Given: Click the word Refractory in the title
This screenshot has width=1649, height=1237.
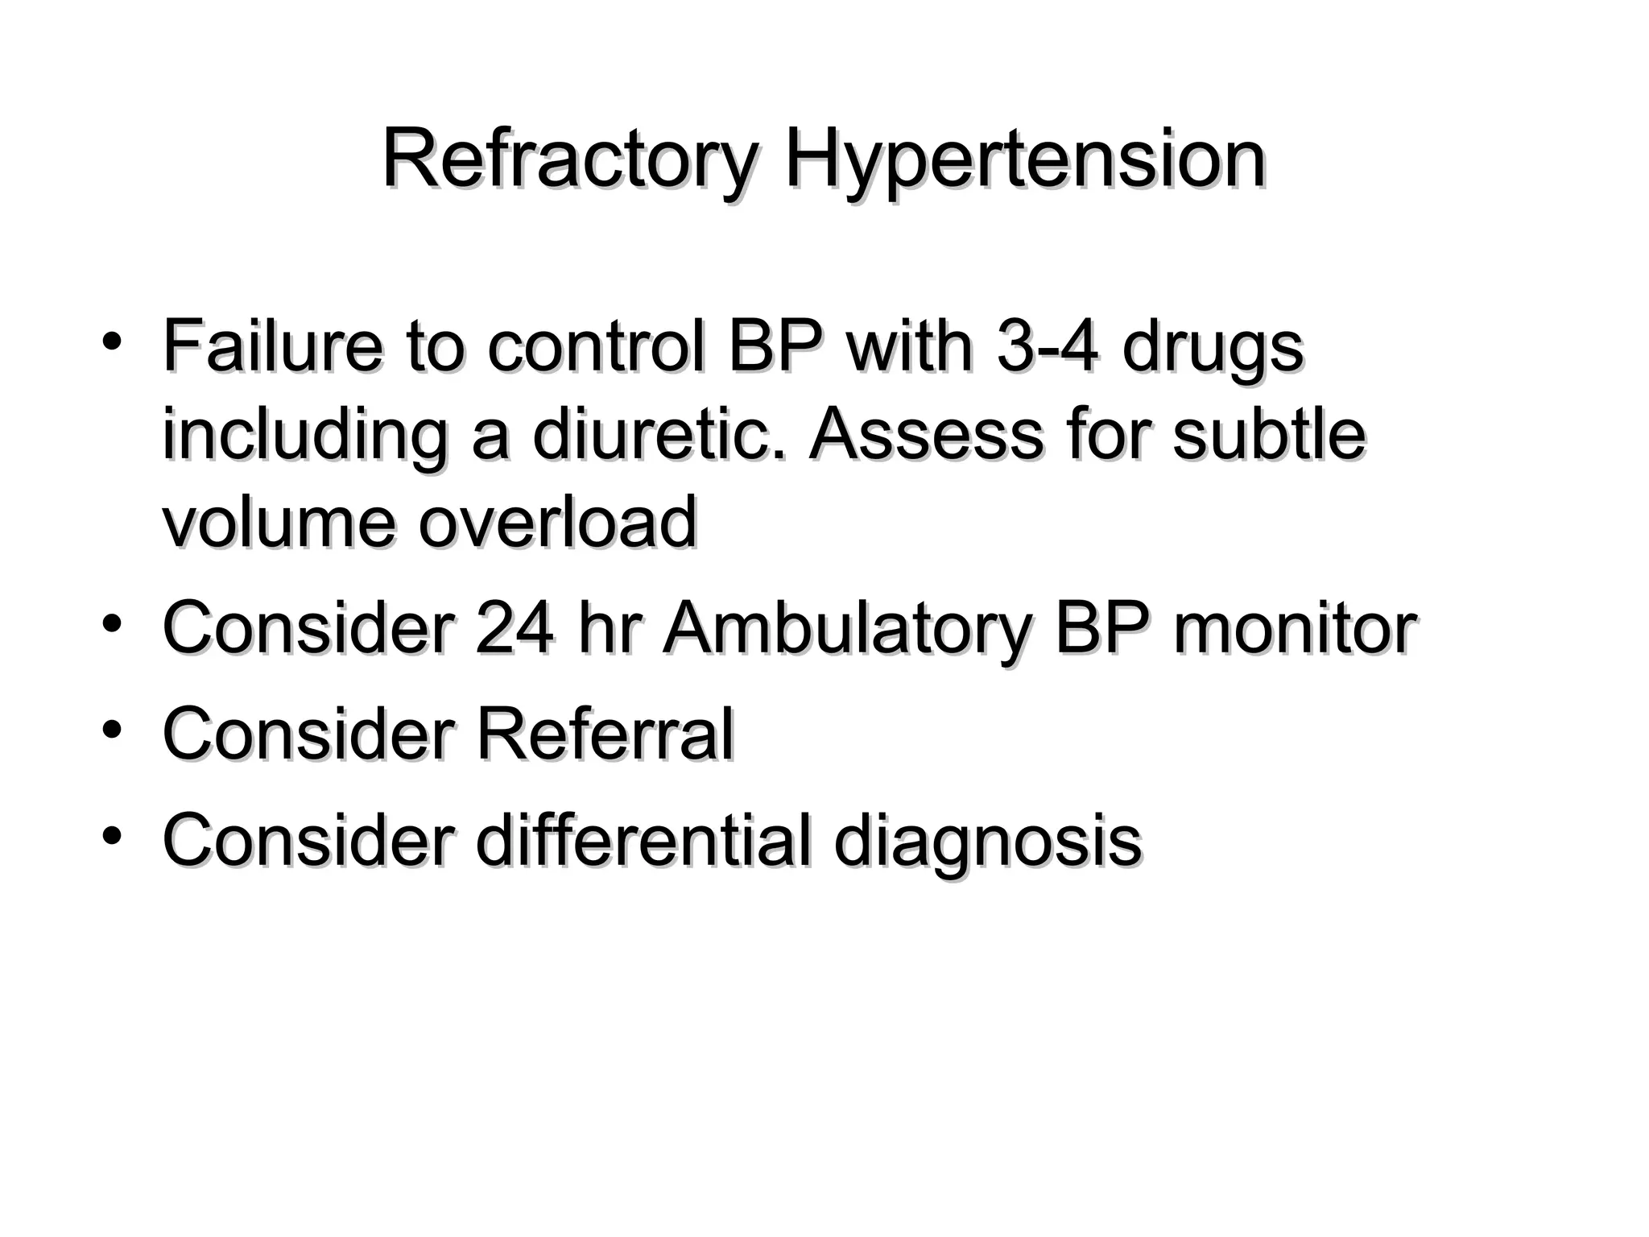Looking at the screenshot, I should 569,161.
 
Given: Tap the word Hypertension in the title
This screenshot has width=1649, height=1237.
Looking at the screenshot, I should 1024,161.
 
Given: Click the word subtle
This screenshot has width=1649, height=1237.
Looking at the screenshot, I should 1269,435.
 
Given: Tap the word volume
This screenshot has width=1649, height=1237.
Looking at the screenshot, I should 279,523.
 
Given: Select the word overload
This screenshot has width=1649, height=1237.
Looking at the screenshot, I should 557,523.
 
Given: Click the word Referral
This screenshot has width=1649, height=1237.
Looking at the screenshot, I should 605,734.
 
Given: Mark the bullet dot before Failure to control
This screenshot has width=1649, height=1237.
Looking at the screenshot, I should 113,343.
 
